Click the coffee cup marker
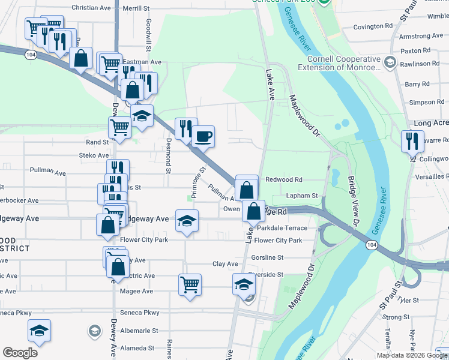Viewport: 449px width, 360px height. pyautogui.click(x=202, y=137)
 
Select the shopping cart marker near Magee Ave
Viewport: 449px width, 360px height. pyautogui.click(x=190, y=284)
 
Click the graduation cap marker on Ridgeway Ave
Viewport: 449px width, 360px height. pyautogui.click(x=187, y=221)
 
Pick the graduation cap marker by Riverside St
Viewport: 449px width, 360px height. pyautogui.click(x=244, y=284)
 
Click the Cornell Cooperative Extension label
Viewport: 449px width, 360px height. pyautogui.click(x=344, y=64)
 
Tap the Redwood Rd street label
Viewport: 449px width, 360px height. pyautogui.click(x=284, y=179)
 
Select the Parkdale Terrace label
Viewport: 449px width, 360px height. pyautogui.click(x=282, y=228)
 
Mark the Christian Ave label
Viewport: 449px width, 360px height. pyautogui.click(x=91, y=8)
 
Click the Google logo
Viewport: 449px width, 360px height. pyautogui.click(x=20, y=352)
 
